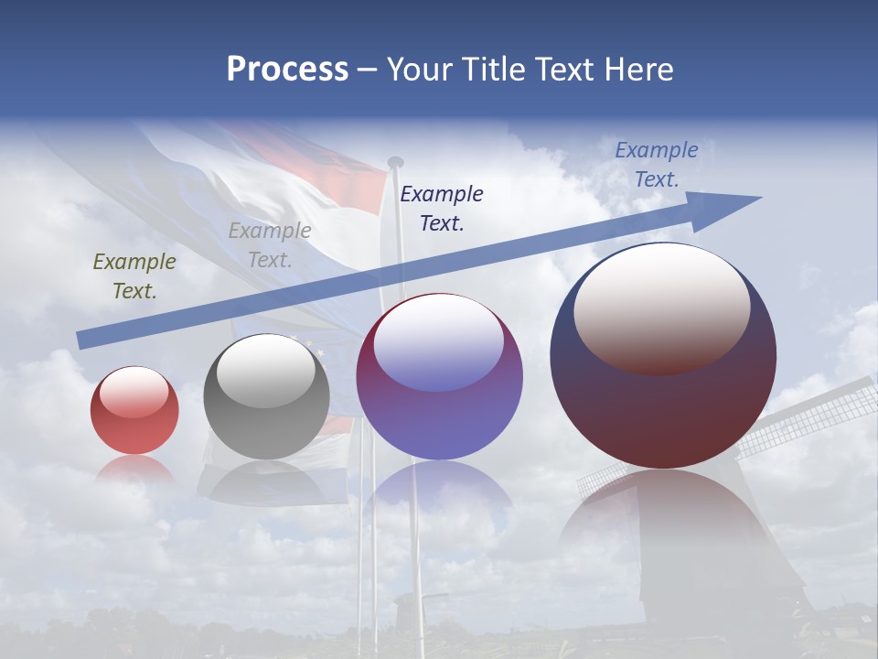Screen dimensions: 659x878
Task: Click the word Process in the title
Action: tap(287, 70)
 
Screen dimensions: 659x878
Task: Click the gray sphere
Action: tap(266, 397)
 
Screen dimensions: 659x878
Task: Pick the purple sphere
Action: tap(439, 377)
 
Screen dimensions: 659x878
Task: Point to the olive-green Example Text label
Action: tap(134, 275)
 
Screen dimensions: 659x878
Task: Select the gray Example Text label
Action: tap(270, 244)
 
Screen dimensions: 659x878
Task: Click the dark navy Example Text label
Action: tap(442, 208)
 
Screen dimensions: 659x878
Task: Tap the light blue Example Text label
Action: tap(657, 164)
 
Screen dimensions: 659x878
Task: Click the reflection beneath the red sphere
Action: tap(134, 470)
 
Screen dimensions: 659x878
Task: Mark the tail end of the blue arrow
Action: tap(82, 340)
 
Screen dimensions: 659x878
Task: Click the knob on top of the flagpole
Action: tap(395, 163)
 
